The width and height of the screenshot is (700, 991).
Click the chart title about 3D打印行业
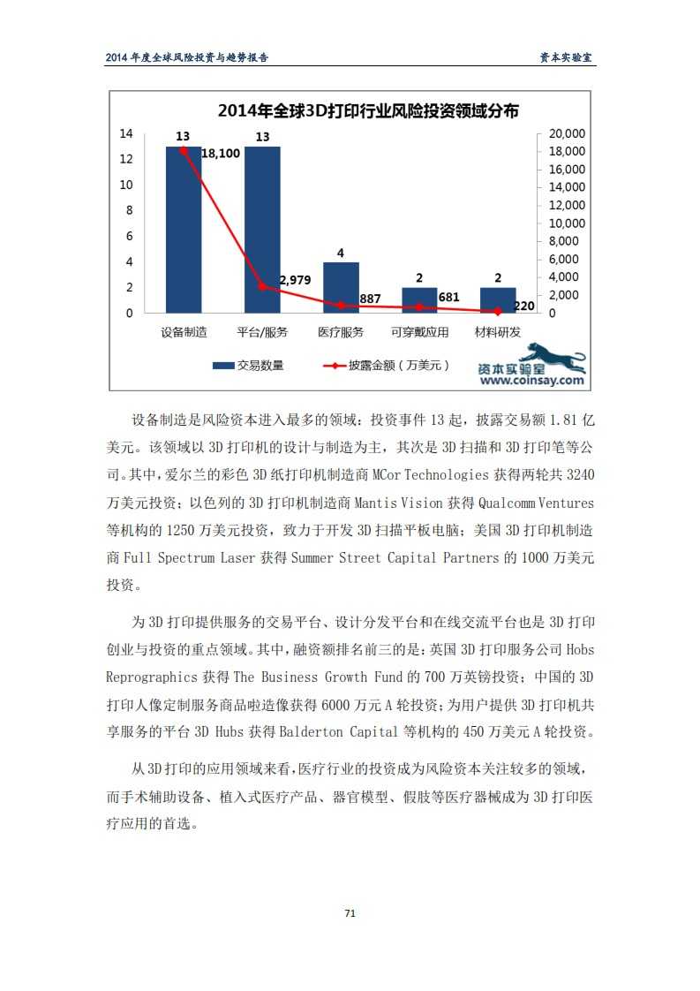tap(368, 110)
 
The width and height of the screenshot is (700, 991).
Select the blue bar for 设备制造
tap(184, 230)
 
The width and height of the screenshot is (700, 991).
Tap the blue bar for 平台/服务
tap(262, 230)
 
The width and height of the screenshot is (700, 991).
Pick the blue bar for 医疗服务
tap(341, 287)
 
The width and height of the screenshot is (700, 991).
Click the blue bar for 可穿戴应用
tap(419, 299)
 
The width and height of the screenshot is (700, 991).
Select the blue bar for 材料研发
tap(498, 299)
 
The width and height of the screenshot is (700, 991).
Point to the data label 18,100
tap(221, 154)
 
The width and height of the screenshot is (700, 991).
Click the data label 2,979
tap(295, 280)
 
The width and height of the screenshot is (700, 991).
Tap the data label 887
tap(370, 299)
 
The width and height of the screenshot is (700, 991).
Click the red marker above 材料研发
tap(498, 311)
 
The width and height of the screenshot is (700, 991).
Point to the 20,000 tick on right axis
tap(568, 133)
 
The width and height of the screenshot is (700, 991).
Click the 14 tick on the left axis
tap(126, 133)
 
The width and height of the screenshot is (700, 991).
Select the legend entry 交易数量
tap(248, 365)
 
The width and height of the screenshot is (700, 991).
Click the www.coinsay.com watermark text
tap(532, 381)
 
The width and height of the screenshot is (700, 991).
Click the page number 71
tap(350, 913)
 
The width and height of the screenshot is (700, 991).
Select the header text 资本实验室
tap(567, 57)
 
